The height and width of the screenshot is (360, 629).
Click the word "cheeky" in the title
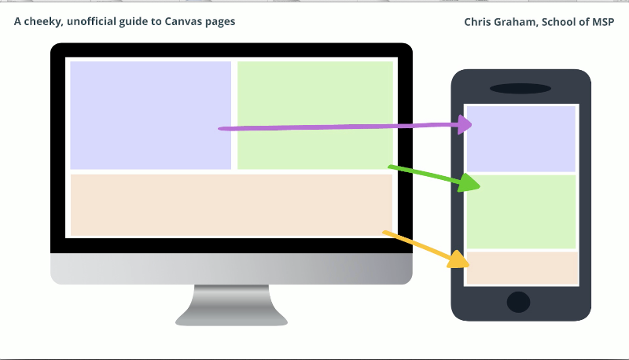(43, 21)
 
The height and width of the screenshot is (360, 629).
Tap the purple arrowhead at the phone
(465, 124)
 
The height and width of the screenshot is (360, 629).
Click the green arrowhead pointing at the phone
(469, 183)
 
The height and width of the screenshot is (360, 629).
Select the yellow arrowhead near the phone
(459, 259)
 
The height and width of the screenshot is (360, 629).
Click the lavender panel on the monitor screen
(150, 116)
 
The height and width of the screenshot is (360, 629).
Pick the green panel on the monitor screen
(315, 116)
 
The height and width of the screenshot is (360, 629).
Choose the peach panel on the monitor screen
(231, 205)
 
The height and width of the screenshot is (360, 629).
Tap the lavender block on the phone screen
(521, 139)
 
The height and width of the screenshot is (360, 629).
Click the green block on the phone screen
(521, 212)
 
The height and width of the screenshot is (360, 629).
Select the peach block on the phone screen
(522, 268)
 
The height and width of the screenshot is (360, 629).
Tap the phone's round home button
(519, 302)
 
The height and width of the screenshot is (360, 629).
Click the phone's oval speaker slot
(520, 89)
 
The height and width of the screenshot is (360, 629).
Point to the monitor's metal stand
(231, 305)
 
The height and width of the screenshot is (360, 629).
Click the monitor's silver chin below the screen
(231, 269)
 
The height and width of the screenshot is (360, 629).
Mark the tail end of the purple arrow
(219, 129)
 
